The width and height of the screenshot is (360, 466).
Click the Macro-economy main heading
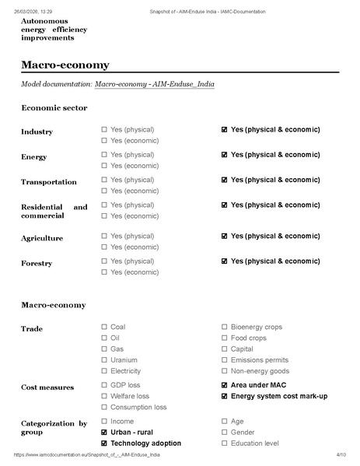click(x=65, y=65)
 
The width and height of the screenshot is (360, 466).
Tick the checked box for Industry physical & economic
click(x=224, y=129)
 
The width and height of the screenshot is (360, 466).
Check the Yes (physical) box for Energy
click(x=104, y=155)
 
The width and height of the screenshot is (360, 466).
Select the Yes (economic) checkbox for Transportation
click(x=104, y=191)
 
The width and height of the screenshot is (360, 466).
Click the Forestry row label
click(x=37, y=264)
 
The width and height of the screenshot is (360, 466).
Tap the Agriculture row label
click(x=42, y=238)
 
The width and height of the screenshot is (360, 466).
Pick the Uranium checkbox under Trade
click(x=104, y=360)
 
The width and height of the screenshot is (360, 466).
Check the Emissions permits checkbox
click(x=224, y=360)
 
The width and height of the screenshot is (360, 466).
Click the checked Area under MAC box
click(x=224, y=385)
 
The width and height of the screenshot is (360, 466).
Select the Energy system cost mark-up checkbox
click(x=224, y=396)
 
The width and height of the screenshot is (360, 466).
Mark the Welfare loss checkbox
click(x=104, y=396)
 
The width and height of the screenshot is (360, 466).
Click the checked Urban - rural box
click(x=104, y=432)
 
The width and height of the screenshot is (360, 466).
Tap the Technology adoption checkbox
click(x=104, y=443)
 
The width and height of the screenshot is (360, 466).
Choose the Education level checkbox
click(x=224, y=443)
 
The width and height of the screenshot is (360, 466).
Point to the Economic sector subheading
click(x=54, y=107)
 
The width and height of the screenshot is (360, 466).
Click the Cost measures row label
click(x=47, y=387)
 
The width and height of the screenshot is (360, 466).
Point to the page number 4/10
click(x=341, y=454)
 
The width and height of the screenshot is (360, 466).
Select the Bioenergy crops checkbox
click(x=224, y=327)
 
